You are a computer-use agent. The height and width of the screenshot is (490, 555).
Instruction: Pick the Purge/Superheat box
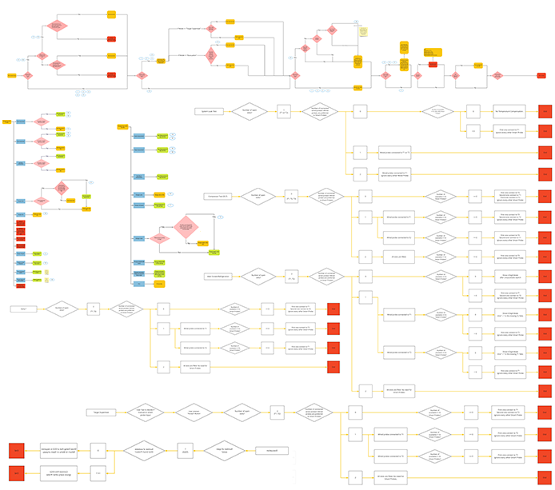tap(103, 412)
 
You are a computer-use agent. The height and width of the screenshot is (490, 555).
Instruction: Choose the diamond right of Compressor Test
tap(258, 195)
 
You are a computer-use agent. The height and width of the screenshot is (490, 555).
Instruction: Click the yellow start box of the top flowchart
tap(12, 75)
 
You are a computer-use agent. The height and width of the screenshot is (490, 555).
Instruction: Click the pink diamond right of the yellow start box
tap(28, 75)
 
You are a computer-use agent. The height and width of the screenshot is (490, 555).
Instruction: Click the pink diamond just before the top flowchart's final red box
tap(497, 75)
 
